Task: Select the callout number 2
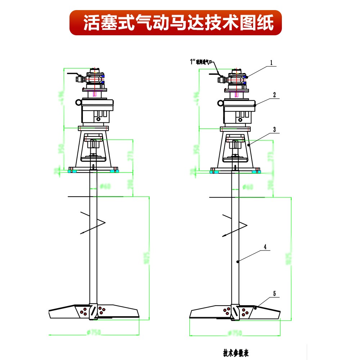coord(274,95)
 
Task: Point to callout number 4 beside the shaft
coord(265,247)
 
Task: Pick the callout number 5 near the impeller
coord(274,294)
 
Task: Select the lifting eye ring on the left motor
coord(78,103)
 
